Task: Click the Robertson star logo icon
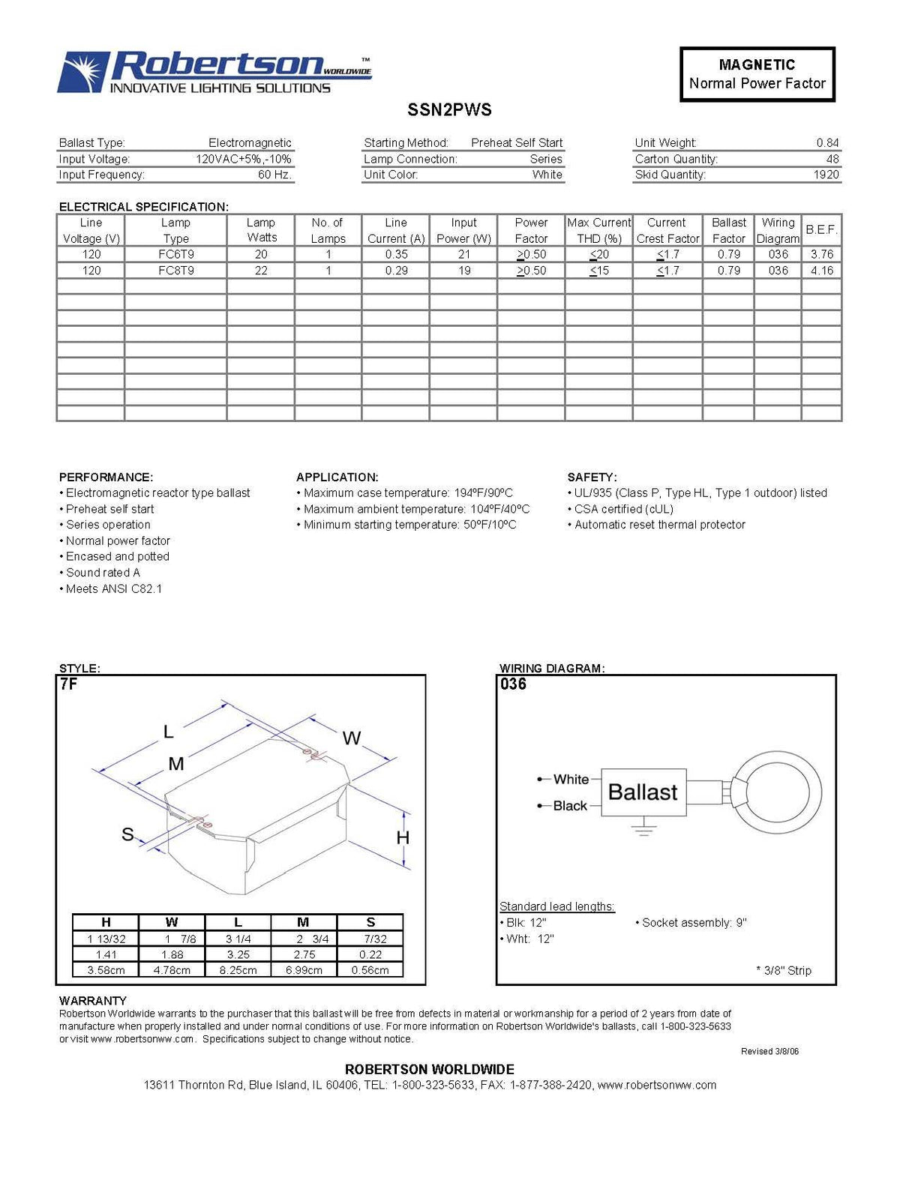82,72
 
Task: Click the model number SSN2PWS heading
449,109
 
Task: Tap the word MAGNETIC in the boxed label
757,65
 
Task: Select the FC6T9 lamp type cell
175,254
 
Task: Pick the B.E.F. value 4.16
821,271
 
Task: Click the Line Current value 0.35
396,254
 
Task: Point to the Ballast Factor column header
728,230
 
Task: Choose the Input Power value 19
464,271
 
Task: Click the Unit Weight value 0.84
827,142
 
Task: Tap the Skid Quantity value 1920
826,175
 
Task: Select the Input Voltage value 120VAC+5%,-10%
243,159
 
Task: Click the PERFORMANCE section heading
106,477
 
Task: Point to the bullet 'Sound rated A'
103,573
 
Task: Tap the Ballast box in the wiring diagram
643,792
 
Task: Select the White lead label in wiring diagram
571,780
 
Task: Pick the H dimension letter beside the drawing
403,837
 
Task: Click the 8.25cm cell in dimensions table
238,970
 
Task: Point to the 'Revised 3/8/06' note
769,1051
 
